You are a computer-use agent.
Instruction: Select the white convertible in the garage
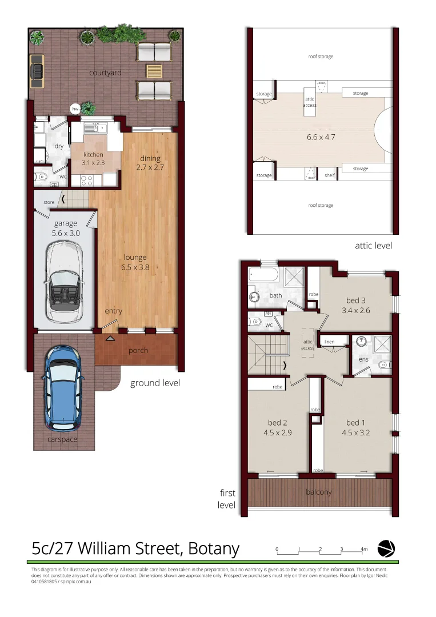point(64,282)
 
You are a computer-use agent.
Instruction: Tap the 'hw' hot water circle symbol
point(75,108)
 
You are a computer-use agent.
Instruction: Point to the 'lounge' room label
point(134,257)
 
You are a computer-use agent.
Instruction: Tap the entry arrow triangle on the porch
point(110,339)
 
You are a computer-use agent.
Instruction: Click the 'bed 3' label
point(356,301)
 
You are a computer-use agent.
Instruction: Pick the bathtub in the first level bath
point(263,277)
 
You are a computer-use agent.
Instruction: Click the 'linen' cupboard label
point(329,342)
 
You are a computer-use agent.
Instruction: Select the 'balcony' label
point(318,491)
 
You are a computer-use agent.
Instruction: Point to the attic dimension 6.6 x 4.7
point(320,137)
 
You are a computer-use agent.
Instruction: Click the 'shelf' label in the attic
point(329,175)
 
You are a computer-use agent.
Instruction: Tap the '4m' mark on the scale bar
point(364,550)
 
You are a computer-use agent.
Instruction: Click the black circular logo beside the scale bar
point(386,548)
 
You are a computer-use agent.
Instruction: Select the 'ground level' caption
point(155,383)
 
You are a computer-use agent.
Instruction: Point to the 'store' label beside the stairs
point(49,202)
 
